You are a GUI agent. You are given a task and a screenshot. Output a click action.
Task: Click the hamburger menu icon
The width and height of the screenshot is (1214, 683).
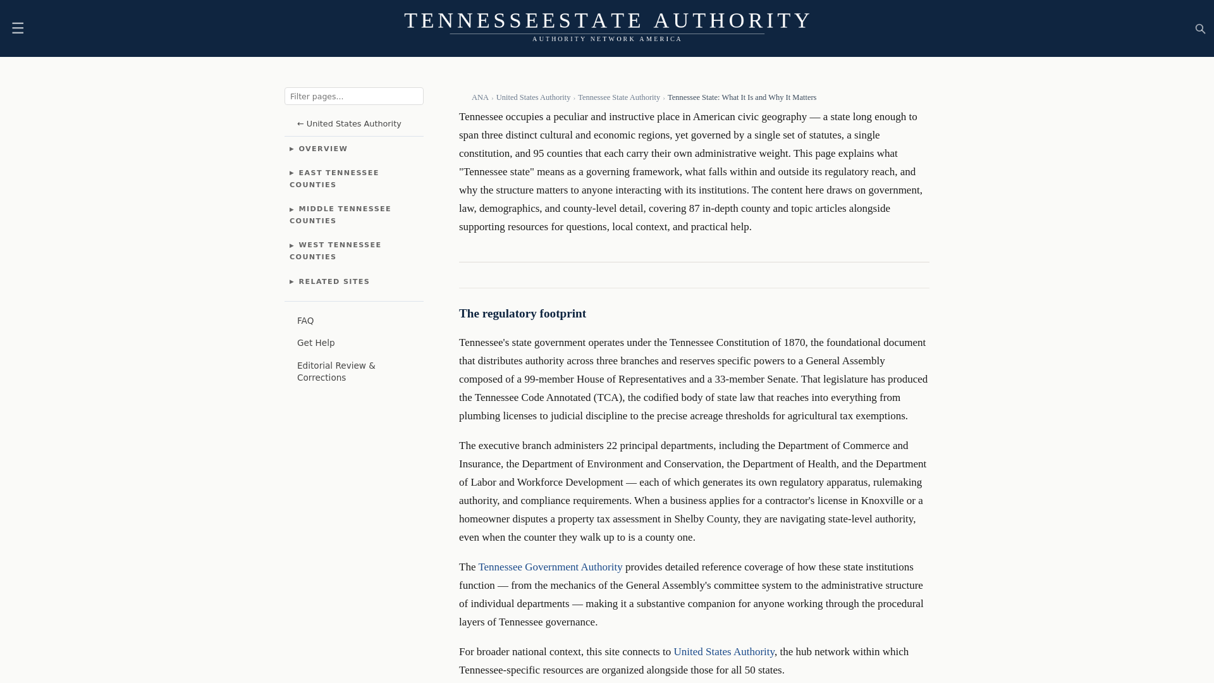tap(18, 28)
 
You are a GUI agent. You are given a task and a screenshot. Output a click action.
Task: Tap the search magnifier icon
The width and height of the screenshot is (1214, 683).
tap(1200, 28)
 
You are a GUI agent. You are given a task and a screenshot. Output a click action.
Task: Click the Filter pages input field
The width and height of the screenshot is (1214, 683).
tap(353, 96)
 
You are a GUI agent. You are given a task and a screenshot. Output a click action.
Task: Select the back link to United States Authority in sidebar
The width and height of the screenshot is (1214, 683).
tap(349, 124)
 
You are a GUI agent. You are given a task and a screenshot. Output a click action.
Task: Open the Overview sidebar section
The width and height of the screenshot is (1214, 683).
tap(322, 149)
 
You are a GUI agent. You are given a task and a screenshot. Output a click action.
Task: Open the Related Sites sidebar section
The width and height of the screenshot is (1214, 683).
tap(333, 281)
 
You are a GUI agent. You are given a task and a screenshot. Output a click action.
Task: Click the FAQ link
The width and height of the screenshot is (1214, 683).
tap(305, 321)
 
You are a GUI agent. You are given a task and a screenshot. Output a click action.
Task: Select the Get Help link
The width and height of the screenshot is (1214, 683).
tap(316, 343)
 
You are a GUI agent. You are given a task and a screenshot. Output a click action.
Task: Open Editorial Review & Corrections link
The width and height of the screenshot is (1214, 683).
tap(336, 371)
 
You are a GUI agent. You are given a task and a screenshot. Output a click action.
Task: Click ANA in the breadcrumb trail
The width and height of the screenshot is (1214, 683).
tap(480, 97)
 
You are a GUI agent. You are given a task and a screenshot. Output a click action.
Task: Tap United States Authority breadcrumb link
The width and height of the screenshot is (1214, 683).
tap(533, 97)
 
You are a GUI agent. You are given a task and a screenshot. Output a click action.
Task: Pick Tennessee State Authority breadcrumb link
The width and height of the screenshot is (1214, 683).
tap(618, 97)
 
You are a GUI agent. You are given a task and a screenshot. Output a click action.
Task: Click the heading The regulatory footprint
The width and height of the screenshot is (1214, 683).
tap(522, 314)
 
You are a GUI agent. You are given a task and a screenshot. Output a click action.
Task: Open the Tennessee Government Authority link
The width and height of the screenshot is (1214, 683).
tap(550, 567)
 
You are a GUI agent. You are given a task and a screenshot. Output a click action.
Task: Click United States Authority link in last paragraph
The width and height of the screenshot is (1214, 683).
tap(723, 652)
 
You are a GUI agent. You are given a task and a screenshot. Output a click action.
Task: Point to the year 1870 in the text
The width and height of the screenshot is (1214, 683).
tap(794, 343)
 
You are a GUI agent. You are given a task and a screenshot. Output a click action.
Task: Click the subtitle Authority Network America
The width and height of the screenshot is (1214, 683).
tap(607, 39)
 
